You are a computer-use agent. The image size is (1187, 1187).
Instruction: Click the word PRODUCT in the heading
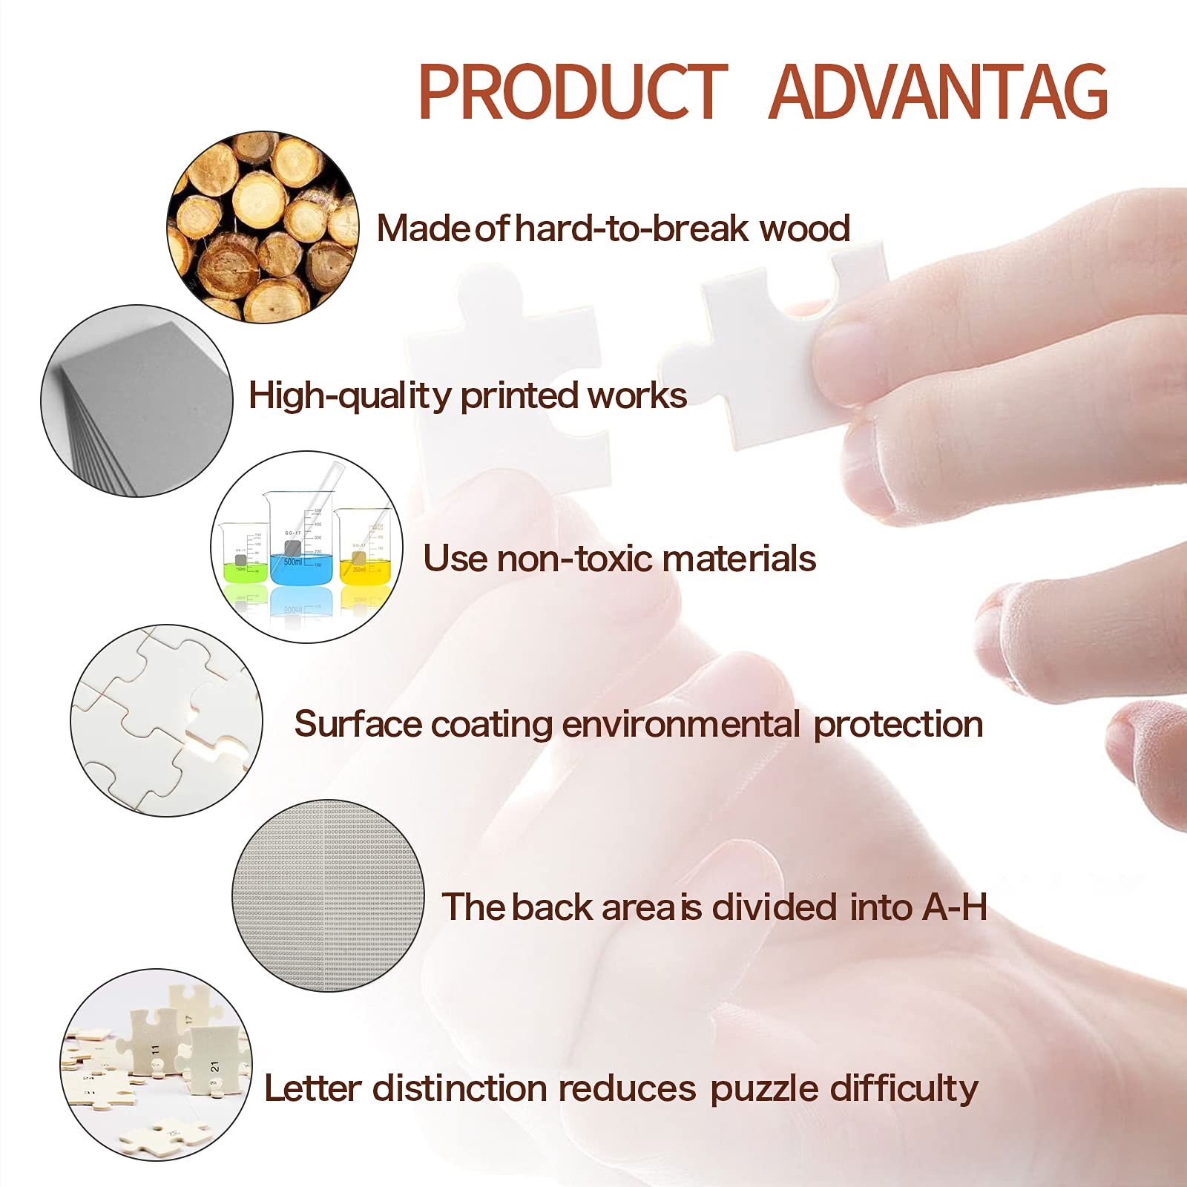click(x=573, y=92)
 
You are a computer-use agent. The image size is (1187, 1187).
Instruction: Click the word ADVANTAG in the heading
click(x=938, y=92)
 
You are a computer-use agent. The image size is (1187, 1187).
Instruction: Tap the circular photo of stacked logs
click(x=263, y=227)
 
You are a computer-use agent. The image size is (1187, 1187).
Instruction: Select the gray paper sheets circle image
click(x=137, y=401)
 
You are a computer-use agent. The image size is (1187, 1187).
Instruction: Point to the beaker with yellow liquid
click(x=362, y=545)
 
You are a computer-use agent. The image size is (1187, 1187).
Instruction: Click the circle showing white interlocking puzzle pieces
click(x=167, y=720)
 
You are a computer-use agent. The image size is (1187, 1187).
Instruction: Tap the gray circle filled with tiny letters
click(x=328, y=896)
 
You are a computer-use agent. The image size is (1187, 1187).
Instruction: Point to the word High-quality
click(x=349, y=396)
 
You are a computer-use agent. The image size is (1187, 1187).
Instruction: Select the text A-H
click(x=955, y=907)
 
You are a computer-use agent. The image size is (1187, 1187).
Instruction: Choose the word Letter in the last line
click(x=312, y=1088)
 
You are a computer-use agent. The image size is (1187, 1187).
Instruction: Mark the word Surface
click(x=358, y=724)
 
